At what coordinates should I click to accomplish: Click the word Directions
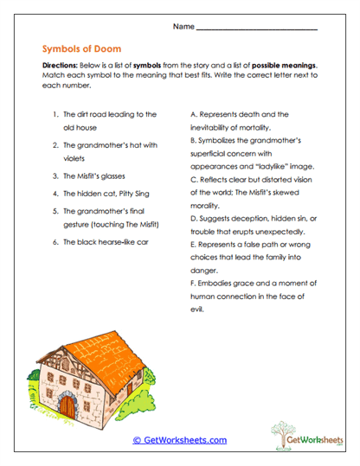click(61, 66)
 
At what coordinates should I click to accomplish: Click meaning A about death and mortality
click(245, 120)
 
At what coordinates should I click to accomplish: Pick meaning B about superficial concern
click(252, 152)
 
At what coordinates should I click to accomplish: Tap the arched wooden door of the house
click(67, 403)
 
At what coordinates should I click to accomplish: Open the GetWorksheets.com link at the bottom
click(180, 440)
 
